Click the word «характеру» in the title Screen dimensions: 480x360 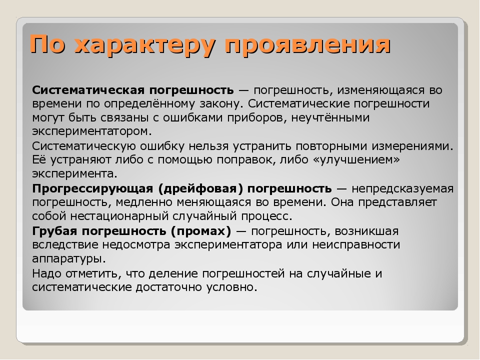pos(143,45)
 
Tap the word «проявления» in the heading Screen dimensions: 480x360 pos(307,45)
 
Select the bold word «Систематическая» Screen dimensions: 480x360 pos(88,90)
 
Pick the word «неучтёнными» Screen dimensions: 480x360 pos(330,117)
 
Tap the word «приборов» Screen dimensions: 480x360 pos(256,118)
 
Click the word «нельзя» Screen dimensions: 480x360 pos(208,146)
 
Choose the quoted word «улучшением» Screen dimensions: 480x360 pos(357,160)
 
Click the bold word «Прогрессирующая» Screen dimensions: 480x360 pos(92,189)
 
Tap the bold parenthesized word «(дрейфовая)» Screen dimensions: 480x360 pos(200,188)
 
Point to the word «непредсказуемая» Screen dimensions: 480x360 pos(402,189)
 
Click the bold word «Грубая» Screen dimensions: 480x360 pos(54,231)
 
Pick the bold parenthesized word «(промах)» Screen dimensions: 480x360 pos(201,231)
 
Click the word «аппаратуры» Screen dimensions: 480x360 pos(69,259)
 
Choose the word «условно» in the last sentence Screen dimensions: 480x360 pos(231,287)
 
